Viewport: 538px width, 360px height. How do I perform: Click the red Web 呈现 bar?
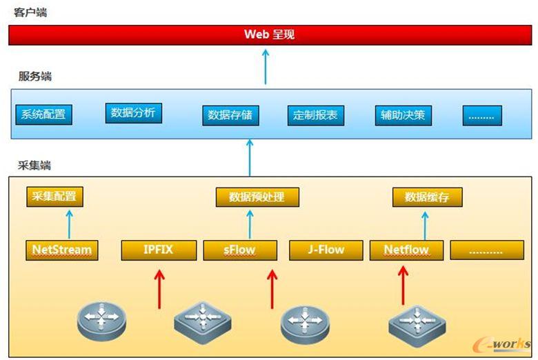[x=269, y=34]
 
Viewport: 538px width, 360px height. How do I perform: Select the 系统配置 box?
[x=43, y=115]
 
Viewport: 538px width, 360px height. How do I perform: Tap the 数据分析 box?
[x=133, y=112]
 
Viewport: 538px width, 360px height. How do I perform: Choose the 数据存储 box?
[x=231, y=115]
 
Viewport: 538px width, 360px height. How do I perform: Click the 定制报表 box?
[x=315, y=115]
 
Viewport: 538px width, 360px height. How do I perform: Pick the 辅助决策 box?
[x=403, y=115]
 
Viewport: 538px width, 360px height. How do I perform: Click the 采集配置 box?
[x=55, y=197]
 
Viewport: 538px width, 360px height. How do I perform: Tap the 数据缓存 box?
[x=427, y=197]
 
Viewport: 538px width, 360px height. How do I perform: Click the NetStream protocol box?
[x=62, y=250]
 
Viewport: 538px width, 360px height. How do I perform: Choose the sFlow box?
[x=240, y=250]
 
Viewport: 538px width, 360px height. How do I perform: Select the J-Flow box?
[x=326, y=250]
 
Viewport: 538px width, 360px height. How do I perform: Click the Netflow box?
[x=406, y=250]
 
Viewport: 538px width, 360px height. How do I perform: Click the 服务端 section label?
[x=34, y=77]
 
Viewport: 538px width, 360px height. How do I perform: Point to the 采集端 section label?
[x=34, y=166]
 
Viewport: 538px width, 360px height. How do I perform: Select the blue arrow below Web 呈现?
[x=266, y=66]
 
